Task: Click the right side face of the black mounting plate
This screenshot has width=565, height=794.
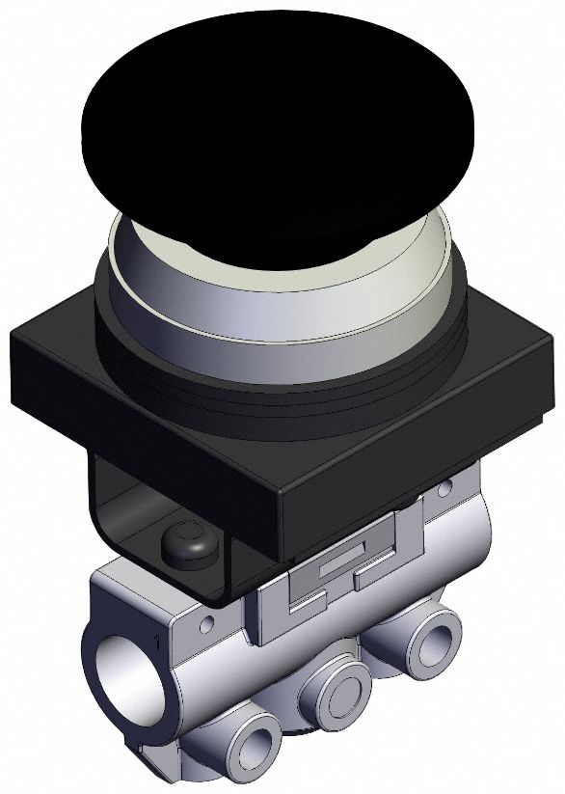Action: [415, 463]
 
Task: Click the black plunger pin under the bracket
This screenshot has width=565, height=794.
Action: [185, 544]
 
